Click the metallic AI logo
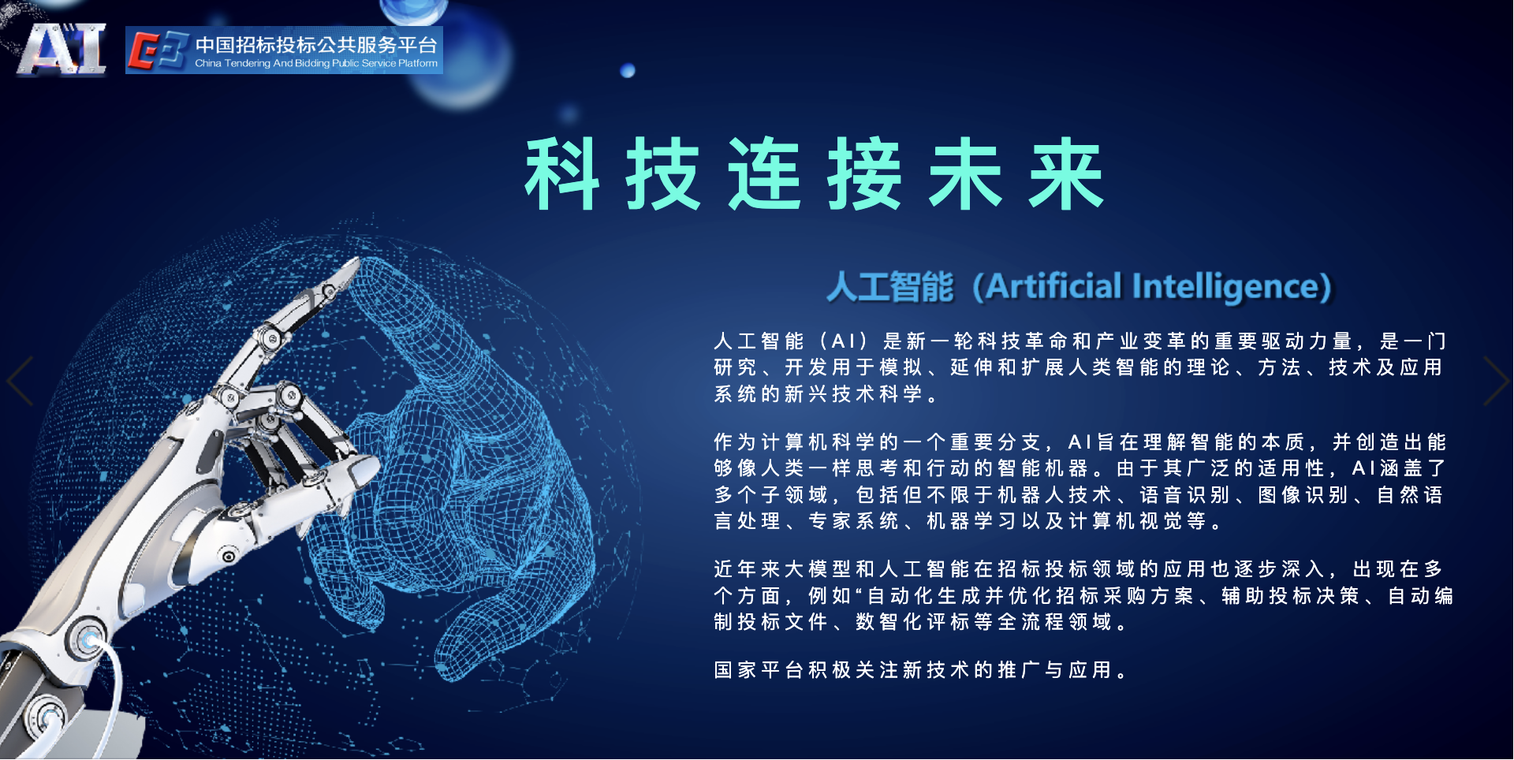tap(62, 49)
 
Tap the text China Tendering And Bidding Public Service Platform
tap(316, 63)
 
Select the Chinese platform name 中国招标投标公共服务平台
tap(316, 45)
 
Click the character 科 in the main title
tap(562, 174)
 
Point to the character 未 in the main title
tap(966, 174)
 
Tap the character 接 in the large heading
tap(865, 174)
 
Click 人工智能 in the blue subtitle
tap(890, 287)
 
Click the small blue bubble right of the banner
tap(628, 71)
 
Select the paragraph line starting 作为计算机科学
tap(1080, 442)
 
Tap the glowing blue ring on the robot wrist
tap(88, 639)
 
